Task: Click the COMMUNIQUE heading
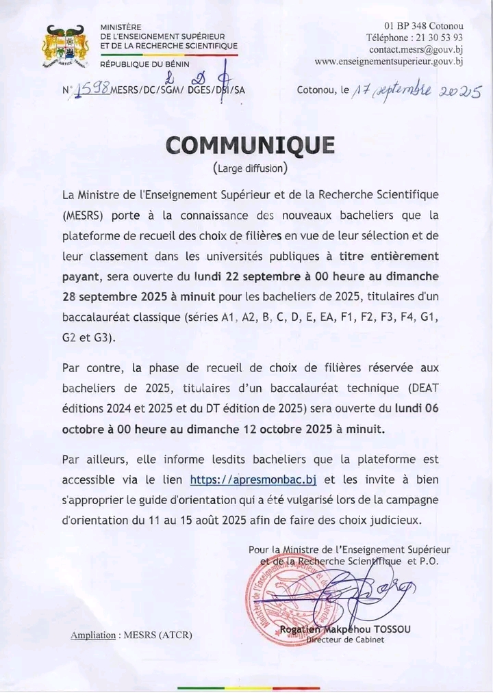[250, 145]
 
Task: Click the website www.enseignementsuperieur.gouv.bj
[389, 61]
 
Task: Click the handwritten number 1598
[91, 90]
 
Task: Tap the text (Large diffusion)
[250, 168]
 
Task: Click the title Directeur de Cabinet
[345, 640]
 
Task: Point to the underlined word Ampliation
[93, 635]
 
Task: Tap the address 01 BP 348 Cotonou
[424, 26]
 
